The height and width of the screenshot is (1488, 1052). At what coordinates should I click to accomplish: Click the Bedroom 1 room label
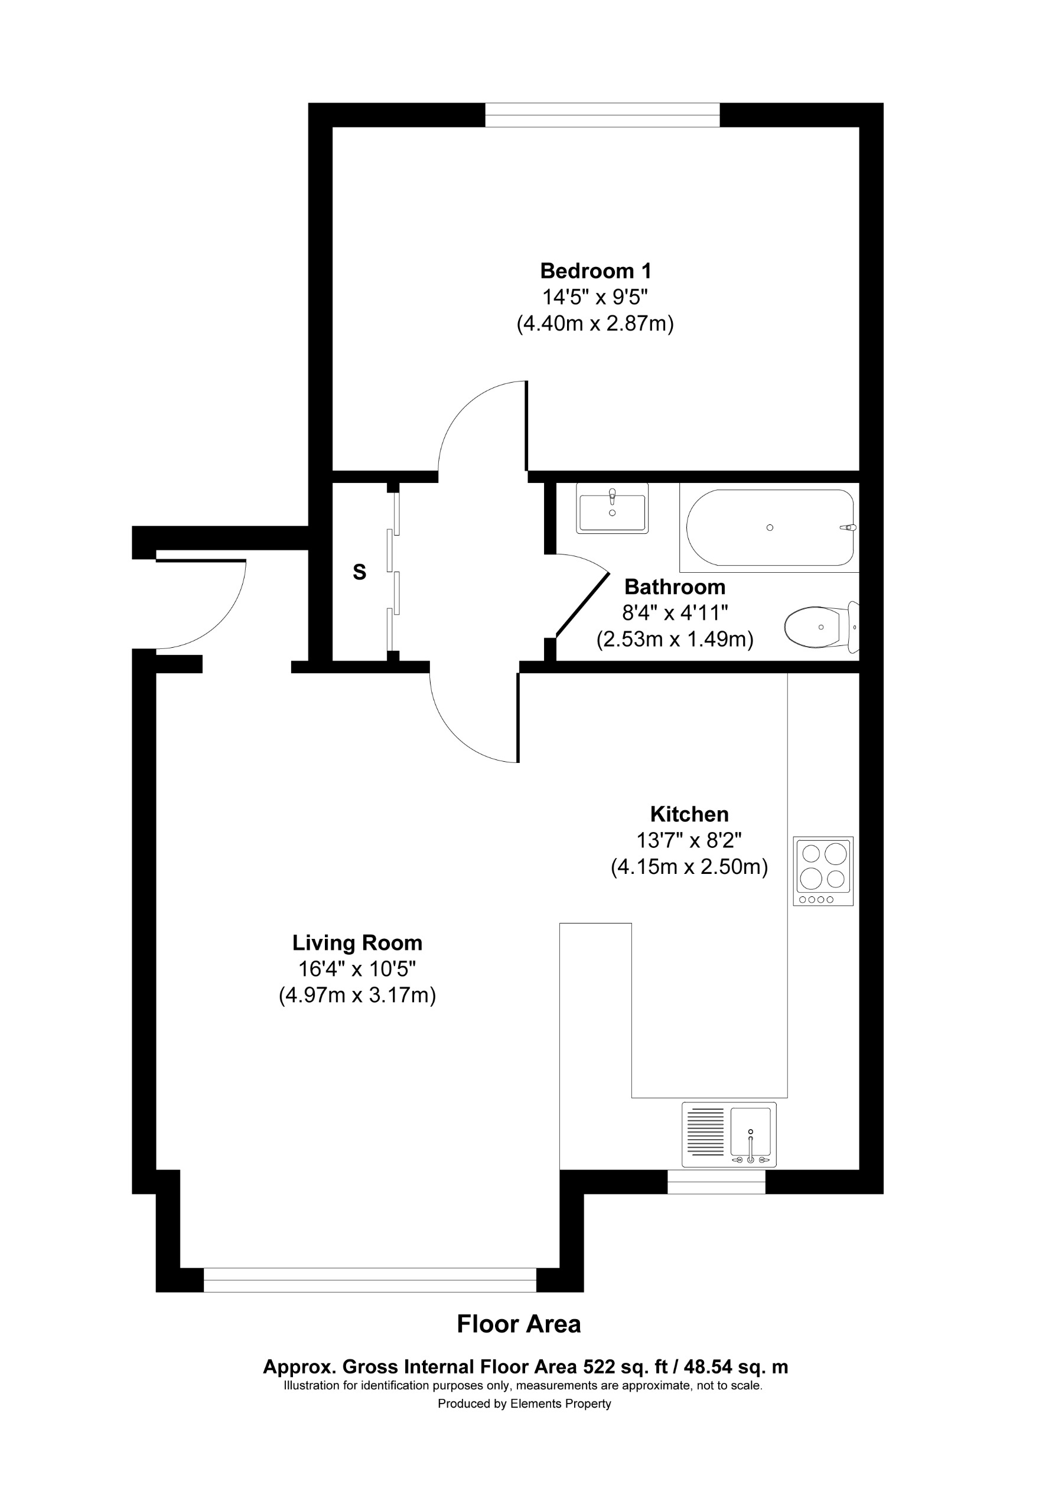(595, 270)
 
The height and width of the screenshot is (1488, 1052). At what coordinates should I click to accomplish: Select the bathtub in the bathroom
(770, 527)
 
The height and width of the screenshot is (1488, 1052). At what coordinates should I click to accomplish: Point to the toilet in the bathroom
(819, 626)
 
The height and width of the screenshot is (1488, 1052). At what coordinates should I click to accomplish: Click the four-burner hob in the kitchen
(823, 870)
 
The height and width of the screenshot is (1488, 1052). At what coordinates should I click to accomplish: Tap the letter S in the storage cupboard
(359, 572)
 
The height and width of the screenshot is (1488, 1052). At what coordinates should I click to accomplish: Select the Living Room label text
(357, 942)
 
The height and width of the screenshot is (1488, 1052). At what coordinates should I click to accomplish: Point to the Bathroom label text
(674, 587)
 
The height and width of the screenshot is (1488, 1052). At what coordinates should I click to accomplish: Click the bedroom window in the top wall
(602, 115)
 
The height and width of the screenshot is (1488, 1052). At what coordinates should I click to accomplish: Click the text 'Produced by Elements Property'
(524, 1404)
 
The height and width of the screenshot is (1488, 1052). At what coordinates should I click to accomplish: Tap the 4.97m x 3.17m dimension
(357, 995)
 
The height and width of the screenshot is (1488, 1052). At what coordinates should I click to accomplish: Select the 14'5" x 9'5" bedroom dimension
(595, 297)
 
